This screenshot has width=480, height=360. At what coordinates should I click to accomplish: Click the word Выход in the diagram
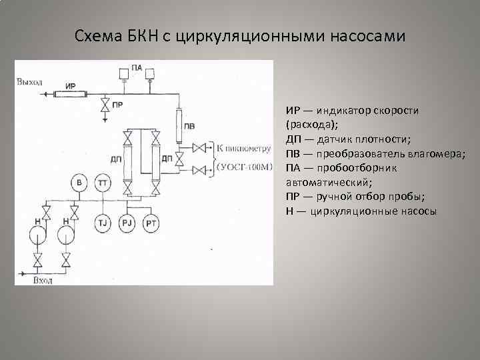(30, 82)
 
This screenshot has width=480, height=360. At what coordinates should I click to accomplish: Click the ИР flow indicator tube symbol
(71, 93)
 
